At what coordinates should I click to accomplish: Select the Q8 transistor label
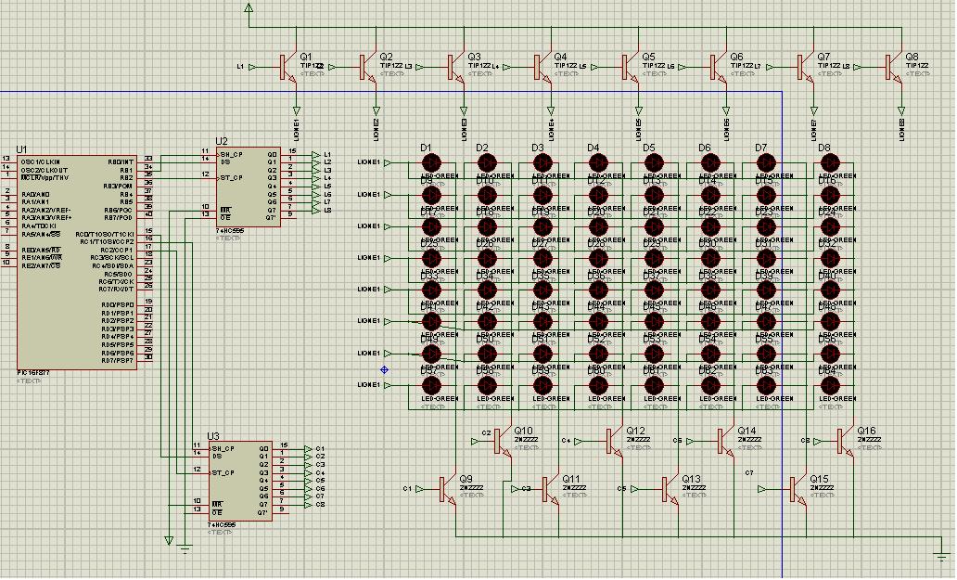tap(912, 57)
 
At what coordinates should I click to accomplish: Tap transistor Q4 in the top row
tap(540, 67)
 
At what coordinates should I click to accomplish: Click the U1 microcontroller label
tap(21, 148)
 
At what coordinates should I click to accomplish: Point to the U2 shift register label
tap(221, 141)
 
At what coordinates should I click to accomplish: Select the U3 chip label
tap(213, 435)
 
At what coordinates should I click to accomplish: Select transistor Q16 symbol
tap(844, 441)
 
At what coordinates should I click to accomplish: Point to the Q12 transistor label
tap(635, 431)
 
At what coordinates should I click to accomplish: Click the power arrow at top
tap(249, 8)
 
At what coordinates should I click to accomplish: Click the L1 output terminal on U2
tap(316, 154)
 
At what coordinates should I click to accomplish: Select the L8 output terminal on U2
tap(316, 210)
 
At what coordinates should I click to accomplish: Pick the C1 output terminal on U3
tap(309, 449)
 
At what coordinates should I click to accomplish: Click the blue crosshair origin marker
tap(384, 369)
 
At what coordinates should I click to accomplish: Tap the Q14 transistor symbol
tap(723, 441)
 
